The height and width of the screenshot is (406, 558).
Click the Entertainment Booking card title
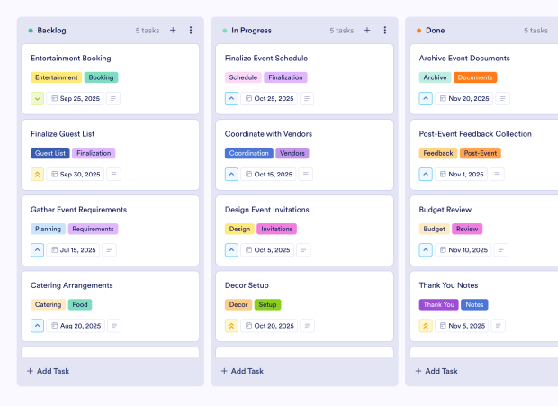(71, 59)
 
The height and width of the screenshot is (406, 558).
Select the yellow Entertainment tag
(57, 77)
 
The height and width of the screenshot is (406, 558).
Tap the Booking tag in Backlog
(101, 77)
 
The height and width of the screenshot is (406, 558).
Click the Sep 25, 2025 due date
(79, 98)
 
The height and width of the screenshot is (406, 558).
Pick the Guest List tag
(50, 153)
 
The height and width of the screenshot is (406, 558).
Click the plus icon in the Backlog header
(173, 30)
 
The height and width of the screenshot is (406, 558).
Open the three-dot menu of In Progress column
(384, 30)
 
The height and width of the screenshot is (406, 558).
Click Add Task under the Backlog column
(49, 371)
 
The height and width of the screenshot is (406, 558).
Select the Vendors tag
(292, 153)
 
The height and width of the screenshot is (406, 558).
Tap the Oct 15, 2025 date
(273, 174)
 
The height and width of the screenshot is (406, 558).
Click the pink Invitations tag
(276, 229)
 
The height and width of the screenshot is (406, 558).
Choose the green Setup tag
(268, 304)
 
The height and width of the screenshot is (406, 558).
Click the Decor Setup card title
(247, 285)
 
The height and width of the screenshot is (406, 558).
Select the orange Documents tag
(474, 77)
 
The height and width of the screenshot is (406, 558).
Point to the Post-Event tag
(481, 153)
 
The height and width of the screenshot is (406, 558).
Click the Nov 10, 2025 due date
(467, 249)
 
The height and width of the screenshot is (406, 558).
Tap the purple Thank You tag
(438, 304)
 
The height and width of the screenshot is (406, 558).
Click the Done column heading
(436, 30)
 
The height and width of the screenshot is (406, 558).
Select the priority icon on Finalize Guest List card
(38, 174)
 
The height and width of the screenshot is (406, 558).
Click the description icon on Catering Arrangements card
(114, 325)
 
